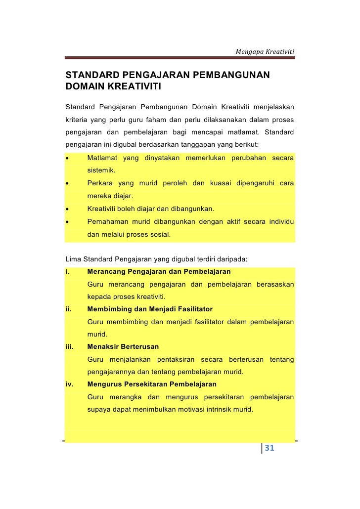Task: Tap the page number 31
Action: [270, 448]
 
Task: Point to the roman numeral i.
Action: [67, 272]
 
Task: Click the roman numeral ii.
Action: [68, 309]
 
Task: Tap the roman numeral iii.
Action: [69, 346]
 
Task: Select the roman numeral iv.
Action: [69, 384]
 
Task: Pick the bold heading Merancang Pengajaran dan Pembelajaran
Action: [159, 272]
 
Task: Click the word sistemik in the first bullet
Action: [101, 170]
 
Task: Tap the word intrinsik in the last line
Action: [201, 409]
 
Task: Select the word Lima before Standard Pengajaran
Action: [73, 259]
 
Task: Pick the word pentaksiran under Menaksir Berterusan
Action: [176, 359]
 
